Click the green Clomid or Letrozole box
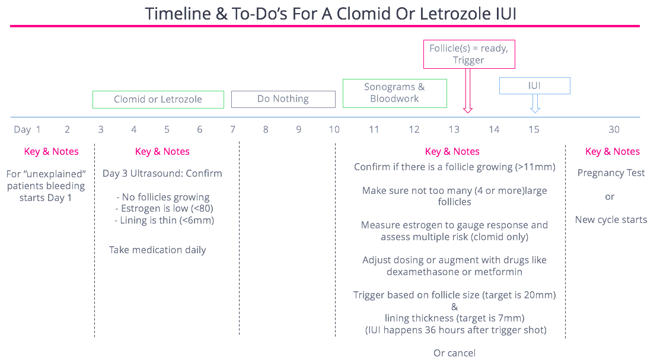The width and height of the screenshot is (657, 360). point(158,100)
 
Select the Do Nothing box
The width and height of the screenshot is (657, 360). point(283,99)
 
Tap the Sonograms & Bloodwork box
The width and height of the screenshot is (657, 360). point(394,93)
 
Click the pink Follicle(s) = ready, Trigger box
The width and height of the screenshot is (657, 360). point(468,54)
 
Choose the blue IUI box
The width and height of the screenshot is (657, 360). point(534,86)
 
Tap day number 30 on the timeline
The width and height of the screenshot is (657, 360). point(614,129)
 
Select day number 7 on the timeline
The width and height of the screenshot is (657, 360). point(233,129)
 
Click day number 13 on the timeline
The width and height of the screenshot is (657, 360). point(454,129)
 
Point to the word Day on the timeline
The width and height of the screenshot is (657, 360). point(23,129)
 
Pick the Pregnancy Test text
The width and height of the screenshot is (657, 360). point(611,173)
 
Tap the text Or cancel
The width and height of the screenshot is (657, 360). point(454,353)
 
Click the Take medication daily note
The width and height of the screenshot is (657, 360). point(158,250)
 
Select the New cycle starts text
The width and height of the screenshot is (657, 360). point(611,220)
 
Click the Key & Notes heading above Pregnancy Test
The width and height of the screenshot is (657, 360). point(613,152)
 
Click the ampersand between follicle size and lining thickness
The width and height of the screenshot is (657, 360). point(455,307)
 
